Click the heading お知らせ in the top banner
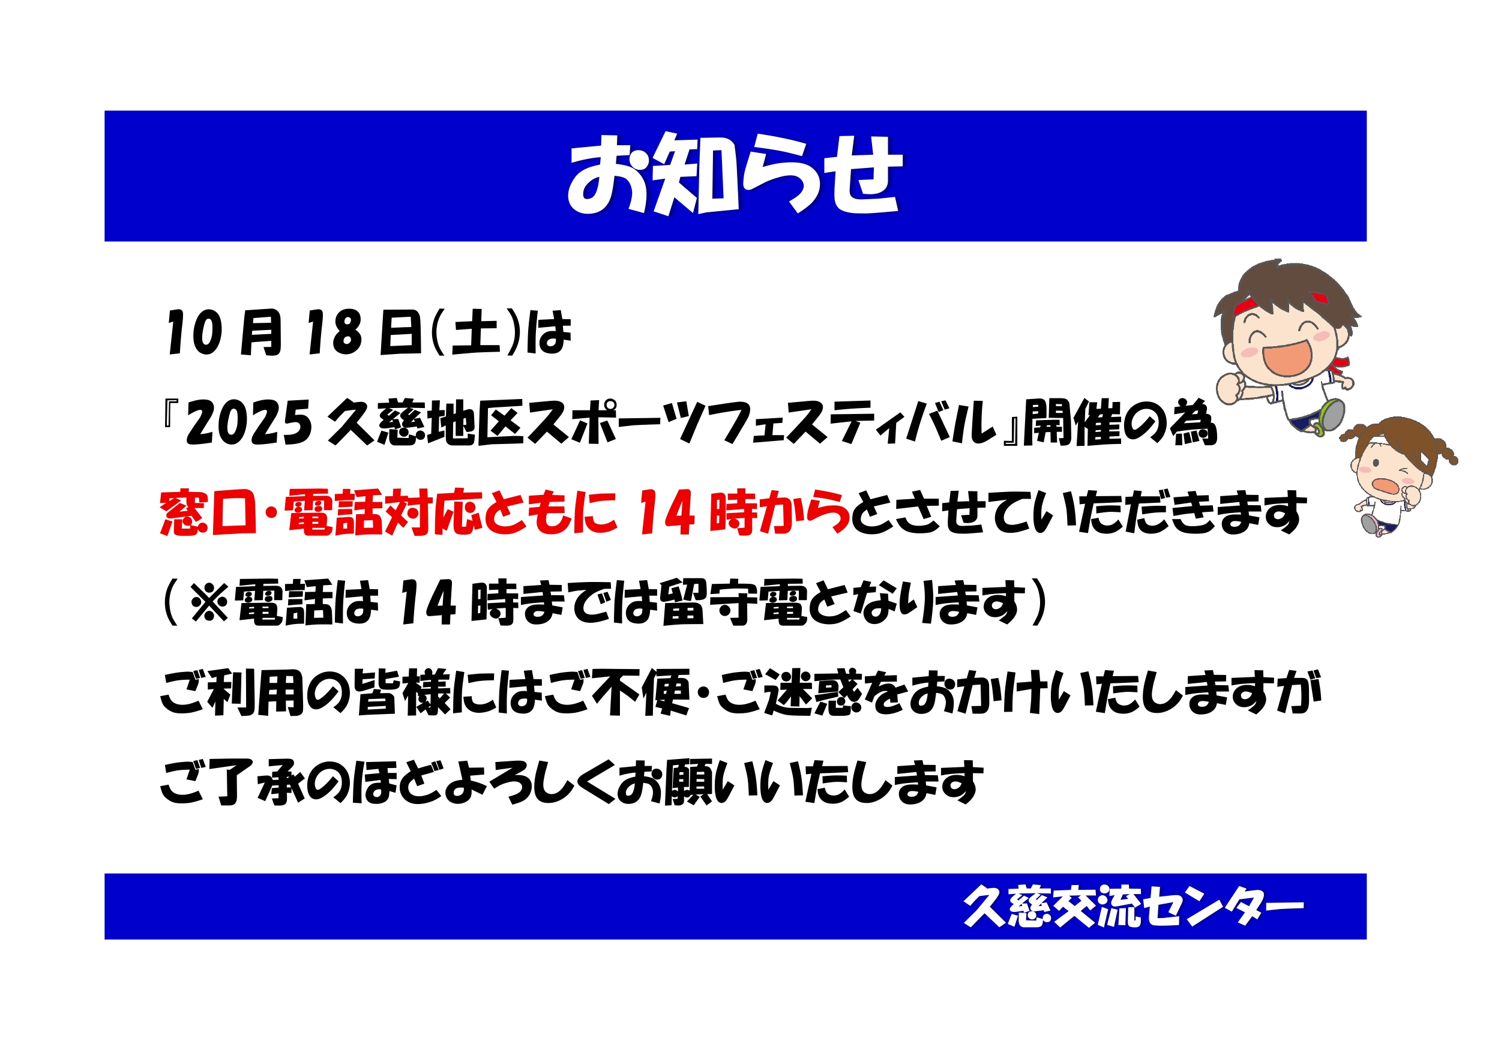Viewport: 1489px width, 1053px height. click(x=735, y=175)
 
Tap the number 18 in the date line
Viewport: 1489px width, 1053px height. click(x=333, y=332)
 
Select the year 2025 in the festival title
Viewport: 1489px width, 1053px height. click(x=249, y=424)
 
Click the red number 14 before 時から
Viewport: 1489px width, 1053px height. click(x=667, y=513)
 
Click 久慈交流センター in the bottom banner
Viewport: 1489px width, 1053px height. click(x=1134, y=906)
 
